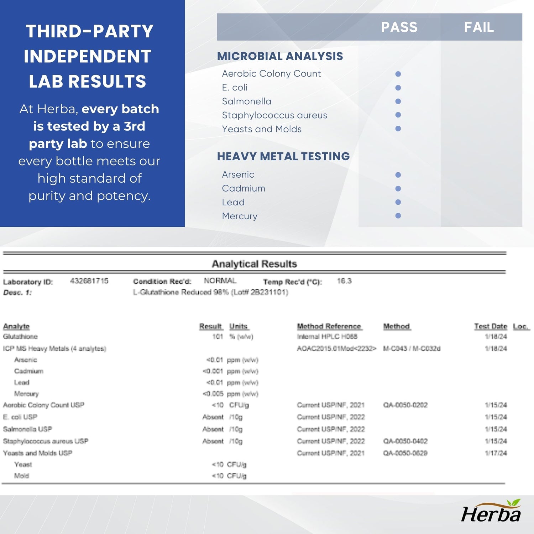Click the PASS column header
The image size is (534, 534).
(x=399, y=27)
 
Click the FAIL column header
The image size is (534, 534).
(x=479, y=27)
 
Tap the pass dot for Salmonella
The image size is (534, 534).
(x=398, y=101)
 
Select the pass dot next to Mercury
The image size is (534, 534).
(x=398, y=216)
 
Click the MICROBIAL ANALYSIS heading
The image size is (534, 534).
(x=280, y=56)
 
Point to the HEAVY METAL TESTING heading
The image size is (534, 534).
(x=283, y=156)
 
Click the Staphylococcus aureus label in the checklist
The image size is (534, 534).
(x=274, y=115)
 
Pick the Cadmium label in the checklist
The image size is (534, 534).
(x=244, y=188)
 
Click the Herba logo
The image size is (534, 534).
(x=491, y=512)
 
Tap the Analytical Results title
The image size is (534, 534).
(x=254, y=264)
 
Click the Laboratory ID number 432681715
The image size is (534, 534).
(x=89, y=281)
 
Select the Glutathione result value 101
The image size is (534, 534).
(x=218, y=336)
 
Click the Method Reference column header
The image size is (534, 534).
(x=329, y=326)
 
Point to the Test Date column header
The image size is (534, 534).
(x=490, y=326)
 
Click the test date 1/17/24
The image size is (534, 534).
(x=496, y=453)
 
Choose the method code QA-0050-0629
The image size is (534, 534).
(x=405, y=453)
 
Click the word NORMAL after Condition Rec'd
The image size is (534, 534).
(x=220, y=281)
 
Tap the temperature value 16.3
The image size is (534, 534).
(x=344, y=281)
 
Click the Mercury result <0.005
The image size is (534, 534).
(x=213, y=394)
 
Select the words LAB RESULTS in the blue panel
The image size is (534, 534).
(x=88, y=81)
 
